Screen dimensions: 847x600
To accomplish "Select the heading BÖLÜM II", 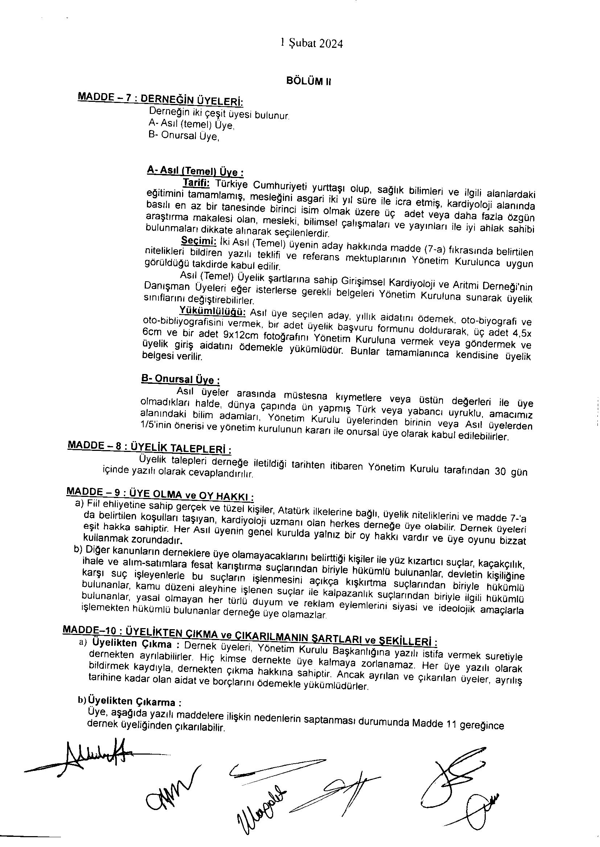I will point(308,82).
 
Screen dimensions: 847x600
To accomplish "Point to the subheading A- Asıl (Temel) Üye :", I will point(195,171).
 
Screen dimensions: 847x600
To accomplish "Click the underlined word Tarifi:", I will point(196,183).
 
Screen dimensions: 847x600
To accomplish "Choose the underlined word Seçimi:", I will point(198,241).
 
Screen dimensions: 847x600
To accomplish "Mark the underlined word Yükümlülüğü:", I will point(212,311).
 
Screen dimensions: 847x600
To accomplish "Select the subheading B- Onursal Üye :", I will point(180,379).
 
